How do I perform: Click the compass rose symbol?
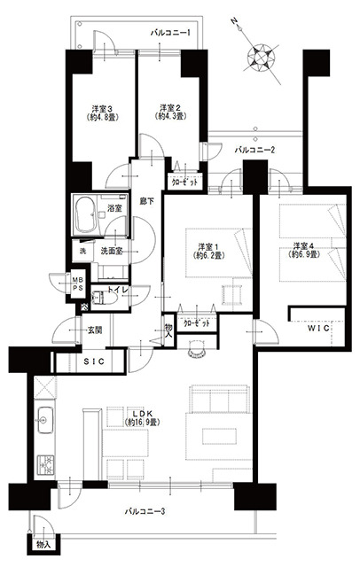tap(261, 57)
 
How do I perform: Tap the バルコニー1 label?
tap(170, 34)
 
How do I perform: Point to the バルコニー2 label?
tap(254, 150)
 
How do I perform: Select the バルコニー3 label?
tap(145, 511)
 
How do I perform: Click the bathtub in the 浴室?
tap(85, 214)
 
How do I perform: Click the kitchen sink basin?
tap(45, 420)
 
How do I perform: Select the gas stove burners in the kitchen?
tap(45, 464)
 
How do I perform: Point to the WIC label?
tap(318, 328)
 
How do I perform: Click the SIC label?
tap(94, 361)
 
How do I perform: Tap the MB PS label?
tap(77, 283)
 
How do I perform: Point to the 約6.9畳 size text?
tap(304, 254)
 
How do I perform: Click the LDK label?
tap(143, 414)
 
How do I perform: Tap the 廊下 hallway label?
tap(146, 201)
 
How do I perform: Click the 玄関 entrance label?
tap(94, 330)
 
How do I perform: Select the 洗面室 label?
tap(111, 251)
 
